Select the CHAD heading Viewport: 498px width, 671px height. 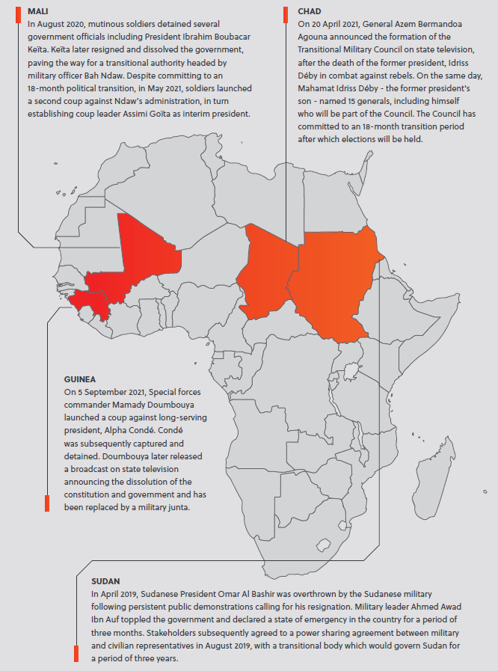pos(310,12)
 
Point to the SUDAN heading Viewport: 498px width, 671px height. pos(105,580)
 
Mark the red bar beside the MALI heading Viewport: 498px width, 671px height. pos(17,15)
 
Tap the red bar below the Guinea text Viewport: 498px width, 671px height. pos(47,503)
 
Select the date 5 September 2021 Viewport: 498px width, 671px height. pos(110,392)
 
